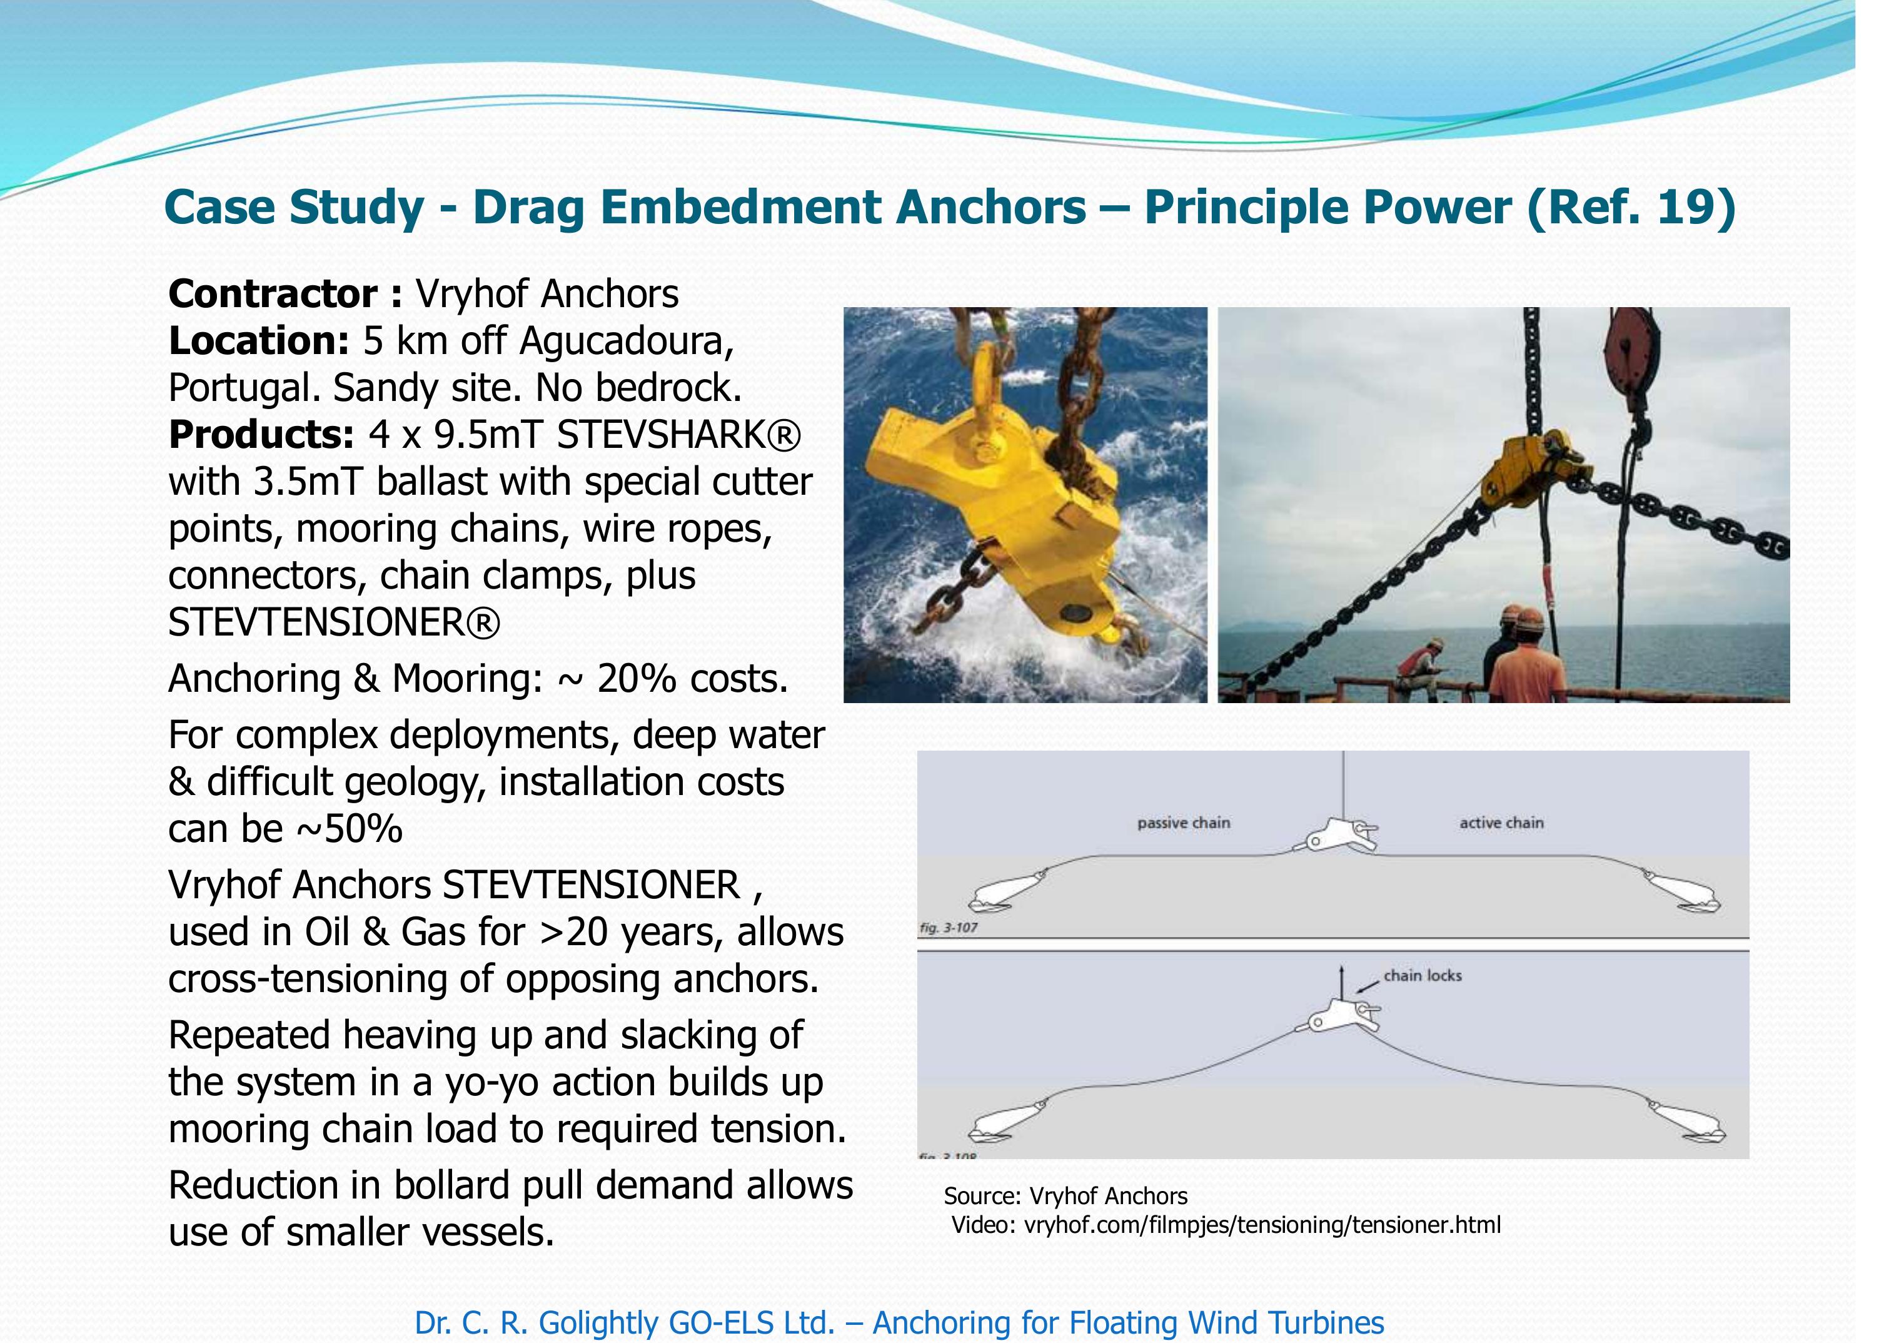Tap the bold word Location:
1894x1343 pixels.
pyautogui.click(x=259, y=342)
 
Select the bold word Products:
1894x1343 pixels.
pyautogui.click(x=261, y=435)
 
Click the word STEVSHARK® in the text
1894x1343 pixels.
pyautogui.click(x=678, y=435)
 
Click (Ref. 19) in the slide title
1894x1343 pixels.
pyautogui.click(x=1630, y=207)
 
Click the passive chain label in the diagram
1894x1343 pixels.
pyautogui.click(x=1183, y=823)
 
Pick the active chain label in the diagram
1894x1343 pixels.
pyautogui.click(x=1501, y=823)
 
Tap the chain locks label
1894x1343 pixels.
pyautogui.click(x=1422, y=976)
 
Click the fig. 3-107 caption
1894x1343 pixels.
pyautogui.click(x=948, y=928)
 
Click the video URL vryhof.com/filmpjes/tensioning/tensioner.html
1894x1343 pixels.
pyautogui.click(x=1262, y=1225)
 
